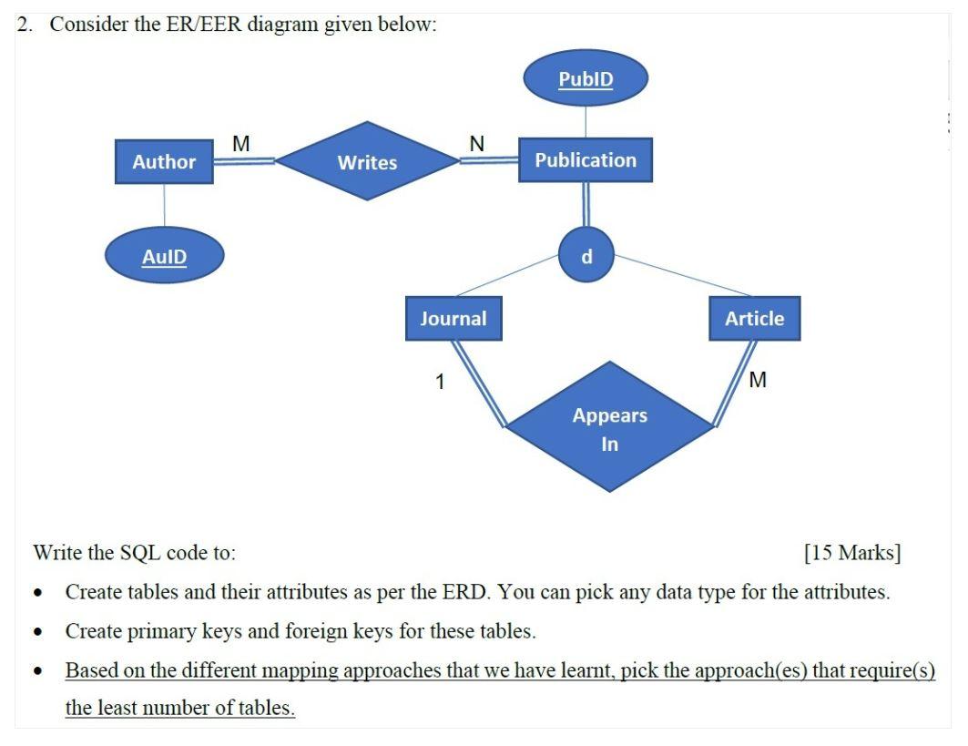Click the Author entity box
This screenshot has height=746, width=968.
coord(164,162)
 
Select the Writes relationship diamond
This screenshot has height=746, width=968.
coord(368,162)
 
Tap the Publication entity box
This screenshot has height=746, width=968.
coord(586,160)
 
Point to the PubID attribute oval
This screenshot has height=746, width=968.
coord(586,79)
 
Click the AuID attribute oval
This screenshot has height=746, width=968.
coord(164,257)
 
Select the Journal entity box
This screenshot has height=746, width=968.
coord(453,319)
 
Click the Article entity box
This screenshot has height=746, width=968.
coord(754,319)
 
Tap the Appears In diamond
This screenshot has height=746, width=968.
coord(609,428)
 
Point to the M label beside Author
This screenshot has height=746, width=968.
coord(241,143)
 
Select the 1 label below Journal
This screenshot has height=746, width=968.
coord(440,382)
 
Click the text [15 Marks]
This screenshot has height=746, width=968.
coord(852,552)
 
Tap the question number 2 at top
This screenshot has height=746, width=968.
coord(25,25)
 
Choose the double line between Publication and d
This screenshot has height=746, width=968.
coord(586,204)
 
